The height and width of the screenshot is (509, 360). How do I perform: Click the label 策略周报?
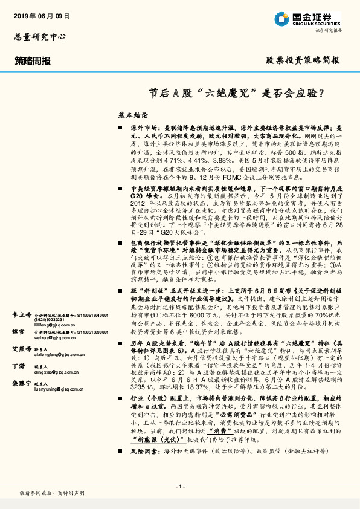point(33,61)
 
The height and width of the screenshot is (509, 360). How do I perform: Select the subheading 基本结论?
point(133,114)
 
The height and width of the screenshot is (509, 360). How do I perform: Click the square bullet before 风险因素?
point(121,468)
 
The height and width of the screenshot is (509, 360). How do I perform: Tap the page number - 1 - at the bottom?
point(179,487)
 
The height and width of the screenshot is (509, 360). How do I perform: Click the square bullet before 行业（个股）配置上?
point(121,418)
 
